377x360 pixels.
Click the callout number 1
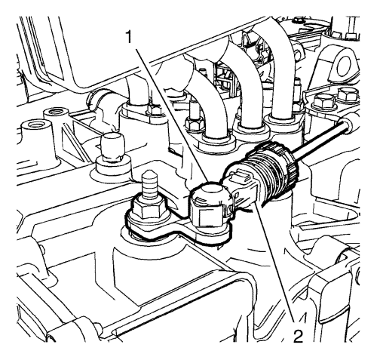tap(128, 37)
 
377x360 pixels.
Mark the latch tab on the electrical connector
tap(240, 175)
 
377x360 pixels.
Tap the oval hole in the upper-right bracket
tap(345, 65)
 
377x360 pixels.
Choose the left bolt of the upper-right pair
tap(323, 100)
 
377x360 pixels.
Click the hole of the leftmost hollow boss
tap(35, 125)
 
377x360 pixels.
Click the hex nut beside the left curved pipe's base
tap(195, 123)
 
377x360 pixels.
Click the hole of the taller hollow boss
tap(56, 111)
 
